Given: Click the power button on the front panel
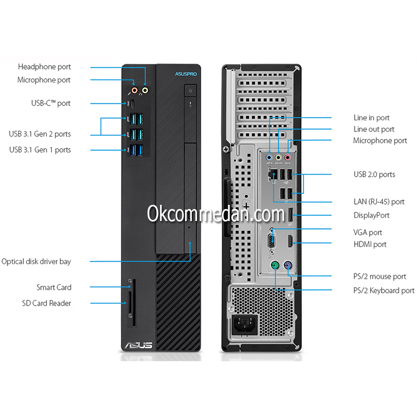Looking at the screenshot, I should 191,91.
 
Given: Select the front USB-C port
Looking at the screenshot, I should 132,103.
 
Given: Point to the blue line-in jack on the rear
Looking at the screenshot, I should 269,156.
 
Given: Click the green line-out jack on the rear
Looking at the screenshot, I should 278,156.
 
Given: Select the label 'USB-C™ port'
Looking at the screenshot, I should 50,103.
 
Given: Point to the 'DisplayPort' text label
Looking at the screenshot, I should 372,215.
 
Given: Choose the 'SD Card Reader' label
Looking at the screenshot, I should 46,303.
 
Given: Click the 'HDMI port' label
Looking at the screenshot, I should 370,244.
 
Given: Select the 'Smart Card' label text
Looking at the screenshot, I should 54,287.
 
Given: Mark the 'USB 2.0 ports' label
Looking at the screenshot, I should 374,175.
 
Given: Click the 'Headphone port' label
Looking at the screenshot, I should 44,67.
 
